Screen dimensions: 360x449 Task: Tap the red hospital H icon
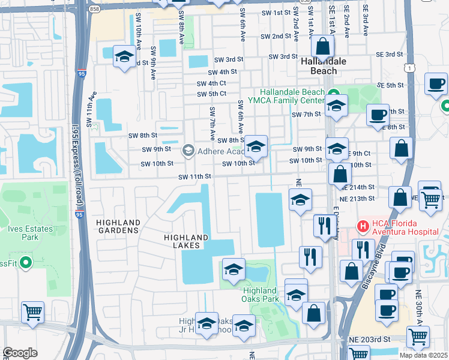coord(363,227)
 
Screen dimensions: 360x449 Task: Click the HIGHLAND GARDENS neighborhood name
coord(118,226)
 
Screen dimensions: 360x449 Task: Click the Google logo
coord(20,353)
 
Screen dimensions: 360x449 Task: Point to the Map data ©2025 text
coord(423,355)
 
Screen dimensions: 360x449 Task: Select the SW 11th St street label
coord(194,176)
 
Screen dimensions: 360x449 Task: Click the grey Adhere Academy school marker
coord(188,149)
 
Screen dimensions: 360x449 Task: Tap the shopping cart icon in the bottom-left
coord(32,312)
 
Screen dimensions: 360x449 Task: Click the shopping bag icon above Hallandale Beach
coord(323,46)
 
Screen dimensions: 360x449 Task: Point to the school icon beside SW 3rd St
coord(124,57)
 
